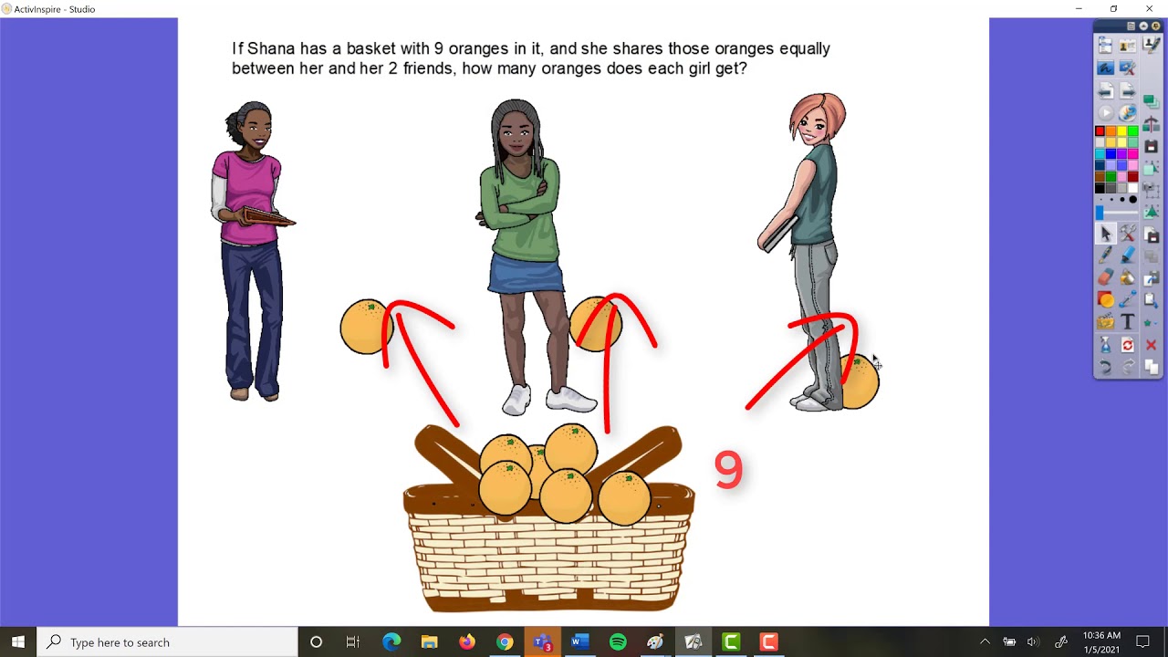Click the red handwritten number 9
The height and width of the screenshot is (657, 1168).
(728, 471)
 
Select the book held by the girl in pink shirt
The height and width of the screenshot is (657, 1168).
(268, 217)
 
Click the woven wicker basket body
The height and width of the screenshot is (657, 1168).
(549, 557)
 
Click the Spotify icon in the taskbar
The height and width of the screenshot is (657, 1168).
(618, 642)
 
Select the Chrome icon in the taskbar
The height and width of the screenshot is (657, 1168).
(505, 642)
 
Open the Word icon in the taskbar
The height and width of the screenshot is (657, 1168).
(579, 642)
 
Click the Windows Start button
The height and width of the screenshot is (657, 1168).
(18, 642)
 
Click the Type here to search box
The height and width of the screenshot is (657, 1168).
(169, 642)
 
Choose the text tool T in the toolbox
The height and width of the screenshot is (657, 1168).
(1128, 322)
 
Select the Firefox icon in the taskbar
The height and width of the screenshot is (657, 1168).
(467, 642)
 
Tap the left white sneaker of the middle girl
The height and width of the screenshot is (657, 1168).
(516, 400)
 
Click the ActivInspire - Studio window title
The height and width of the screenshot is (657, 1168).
(55, 9)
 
